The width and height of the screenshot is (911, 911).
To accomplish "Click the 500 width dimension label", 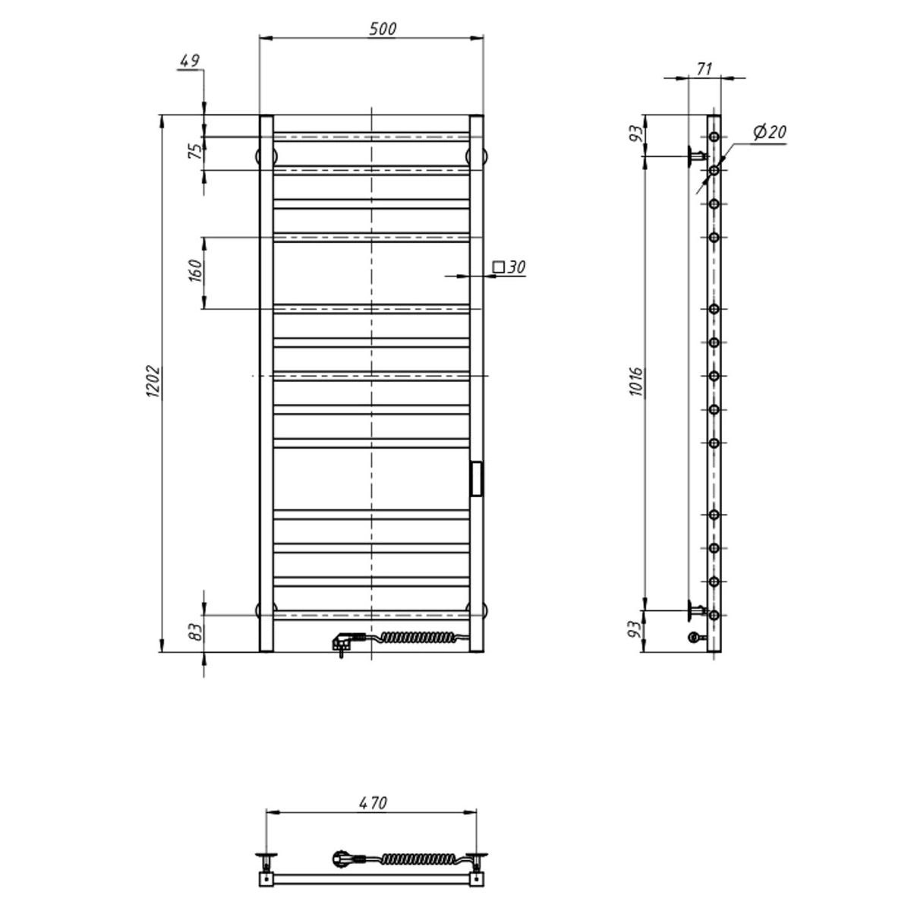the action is click(x=383, y=30).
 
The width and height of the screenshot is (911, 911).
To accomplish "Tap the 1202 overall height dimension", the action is click(x=154, y=381).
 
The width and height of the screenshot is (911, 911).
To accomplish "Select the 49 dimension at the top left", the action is click(x=190, y=61).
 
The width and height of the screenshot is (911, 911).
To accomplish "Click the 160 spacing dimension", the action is click(x=195, y=270).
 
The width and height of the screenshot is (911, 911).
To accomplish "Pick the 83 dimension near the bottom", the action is click(x=195, y=632).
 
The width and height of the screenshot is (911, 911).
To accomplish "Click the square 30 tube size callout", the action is click(x=509, y=267).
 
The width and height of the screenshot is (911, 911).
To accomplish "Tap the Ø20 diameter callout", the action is click(x=770, y=132).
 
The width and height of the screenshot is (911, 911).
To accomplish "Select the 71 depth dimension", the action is click(x=704, y=69).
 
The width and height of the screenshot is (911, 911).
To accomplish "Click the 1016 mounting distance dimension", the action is click(x=636, y=382).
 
